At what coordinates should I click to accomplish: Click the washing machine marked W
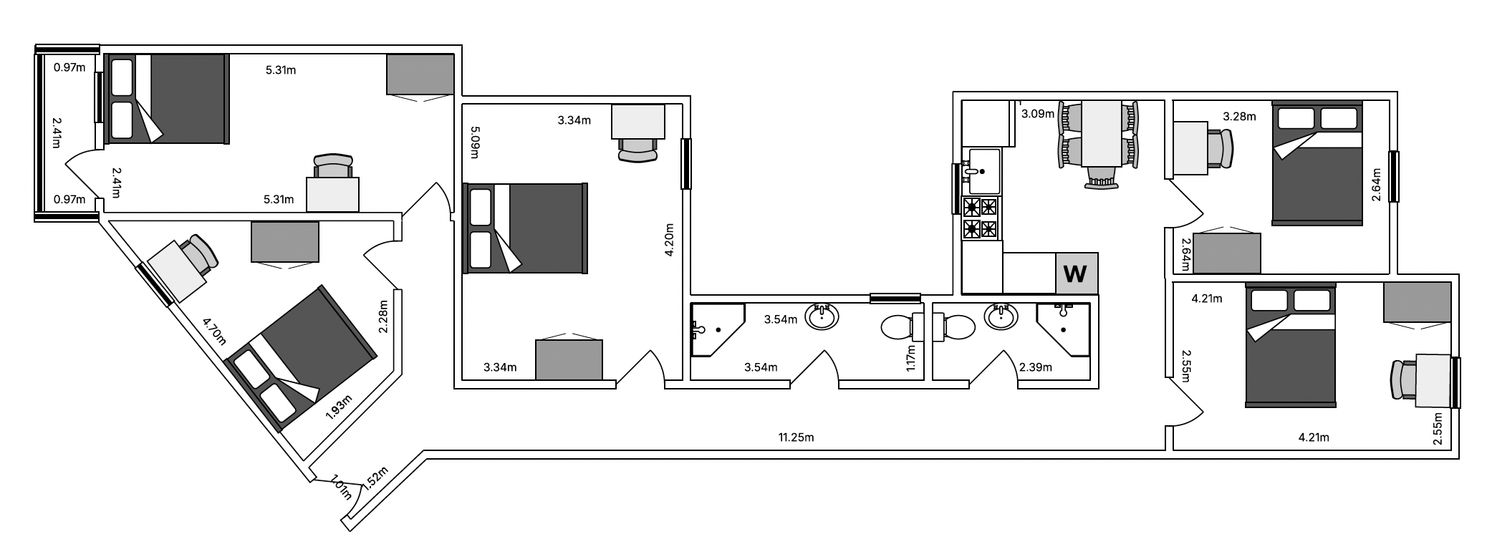[x=1076, y=273]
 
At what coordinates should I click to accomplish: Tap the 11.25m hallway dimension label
[x=797, y=437]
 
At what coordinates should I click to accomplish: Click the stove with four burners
[x=981, y=218]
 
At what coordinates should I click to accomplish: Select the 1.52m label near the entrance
[x=375, y=478]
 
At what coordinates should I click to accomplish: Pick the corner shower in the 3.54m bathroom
[x=716, y=330]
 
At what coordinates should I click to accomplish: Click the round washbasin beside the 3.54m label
[x=822, y=316]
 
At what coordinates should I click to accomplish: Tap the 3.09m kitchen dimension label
[x=1037, y=113]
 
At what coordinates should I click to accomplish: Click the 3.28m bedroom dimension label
[x=1239, y=116]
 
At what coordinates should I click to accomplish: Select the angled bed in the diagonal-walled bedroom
[x=302, y=358]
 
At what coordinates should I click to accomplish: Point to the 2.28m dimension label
[x=384, y=316]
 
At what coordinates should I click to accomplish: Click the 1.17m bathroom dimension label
[x=911, y=358]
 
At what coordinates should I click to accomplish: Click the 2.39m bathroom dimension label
[x=1036, y=368]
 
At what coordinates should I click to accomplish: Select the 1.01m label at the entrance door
[x=340, y=488]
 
